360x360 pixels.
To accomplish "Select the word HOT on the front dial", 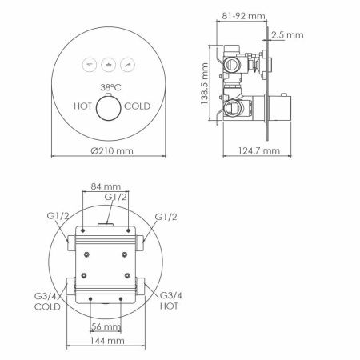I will point(82,105).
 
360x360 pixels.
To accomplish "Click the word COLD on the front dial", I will point(138,105).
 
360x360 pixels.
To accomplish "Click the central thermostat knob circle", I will point(109,106).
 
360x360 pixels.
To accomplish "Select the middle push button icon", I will point(109,61).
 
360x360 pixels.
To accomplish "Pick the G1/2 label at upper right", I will point(166,216).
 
